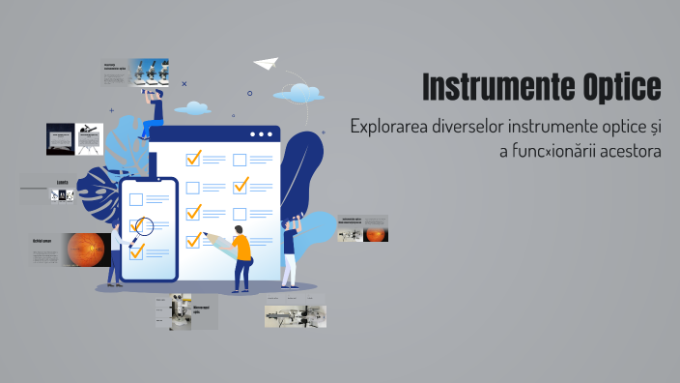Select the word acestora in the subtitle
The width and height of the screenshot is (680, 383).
click(x=629, y=153)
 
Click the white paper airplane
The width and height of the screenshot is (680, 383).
click(x=265, y=64)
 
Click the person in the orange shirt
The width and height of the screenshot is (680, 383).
click(x=241, y=256)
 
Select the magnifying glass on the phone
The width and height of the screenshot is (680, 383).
click(x=144, y=227)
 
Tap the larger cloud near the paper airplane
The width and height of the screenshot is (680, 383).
click(x=298, y=93)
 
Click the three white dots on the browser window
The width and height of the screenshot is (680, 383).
click(x=261, y=134)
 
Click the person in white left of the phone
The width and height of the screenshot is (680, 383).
click(x=116, y=253)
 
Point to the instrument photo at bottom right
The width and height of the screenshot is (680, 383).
click(x=295, y=315)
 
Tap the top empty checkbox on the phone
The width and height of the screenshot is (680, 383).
click(x=136, y=200)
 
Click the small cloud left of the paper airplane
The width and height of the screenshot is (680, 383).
click(x=193, y=107)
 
